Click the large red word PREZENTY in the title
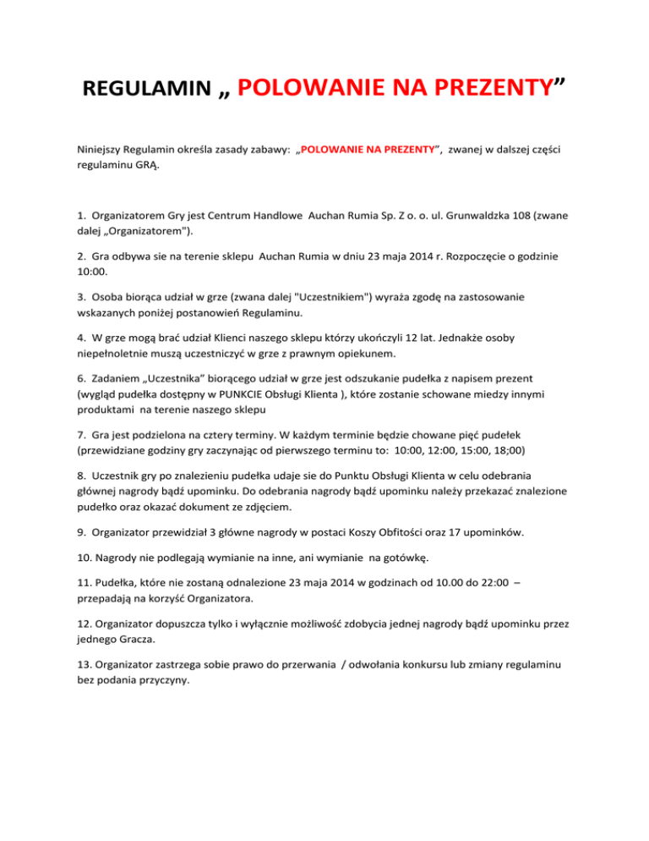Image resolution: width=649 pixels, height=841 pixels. [x=480, y=86]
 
